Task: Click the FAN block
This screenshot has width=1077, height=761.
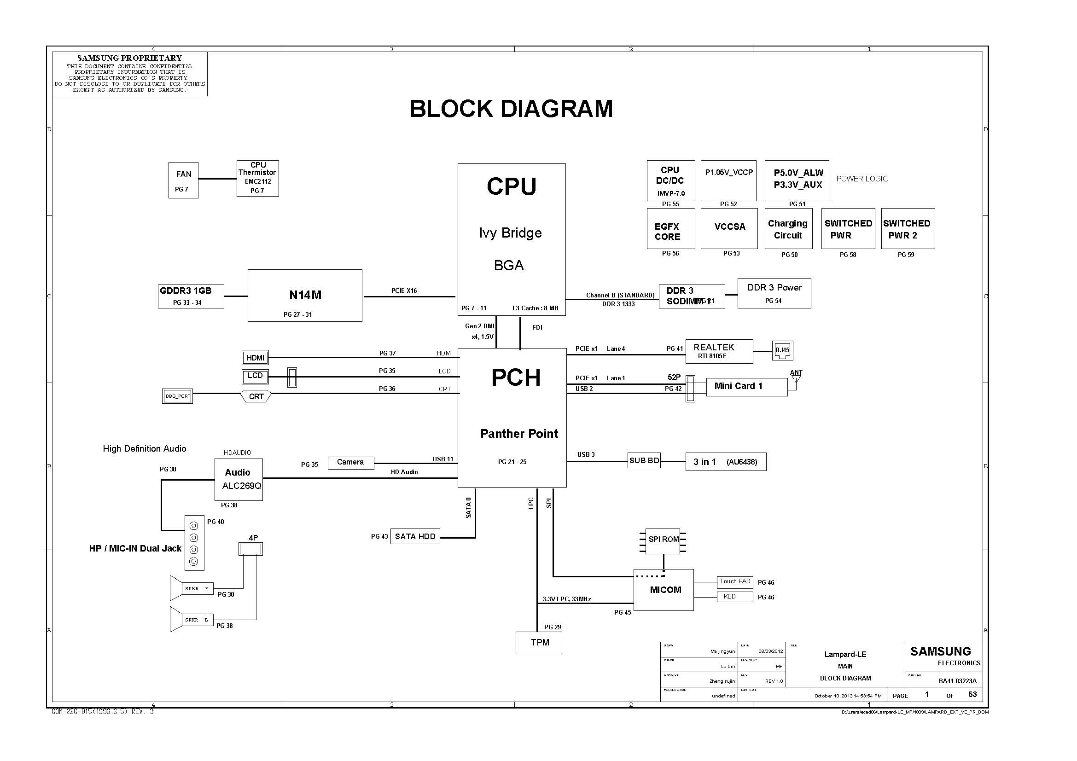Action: tap(183, 180)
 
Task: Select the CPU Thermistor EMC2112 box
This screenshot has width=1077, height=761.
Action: tap(257, 178)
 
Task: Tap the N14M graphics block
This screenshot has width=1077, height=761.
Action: tap(305, 296)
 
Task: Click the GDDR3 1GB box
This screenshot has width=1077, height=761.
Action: tap(191, 296)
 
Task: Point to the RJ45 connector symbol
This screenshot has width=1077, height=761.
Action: tap(782, 350)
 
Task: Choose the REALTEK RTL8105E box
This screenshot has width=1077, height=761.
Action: tap(719, 351)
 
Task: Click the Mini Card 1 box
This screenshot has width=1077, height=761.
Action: tap(746, 387)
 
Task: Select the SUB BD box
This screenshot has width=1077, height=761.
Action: tap(644, 461)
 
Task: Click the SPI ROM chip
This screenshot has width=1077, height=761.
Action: tap(663, 540)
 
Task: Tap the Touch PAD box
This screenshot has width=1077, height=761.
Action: tap(734, 582)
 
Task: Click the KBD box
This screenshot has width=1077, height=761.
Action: tap(734, 597)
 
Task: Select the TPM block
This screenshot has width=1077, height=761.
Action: tap(539, 643)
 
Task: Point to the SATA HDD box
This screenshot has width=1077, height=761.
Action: tap(415, 536)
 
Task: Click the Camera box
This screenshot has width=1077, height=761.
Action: tap(350, 462)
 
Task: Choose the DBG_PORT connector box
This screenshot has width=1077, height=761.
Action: tap(178, 396)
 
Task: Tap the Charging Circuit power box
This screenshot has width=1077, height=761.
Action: tap(787, 229)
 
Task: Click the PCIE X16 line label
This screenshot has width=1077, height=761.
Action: tap(404, 290)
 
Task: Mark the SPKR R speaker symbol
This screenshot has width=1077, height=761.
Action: tap(192, 588)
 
